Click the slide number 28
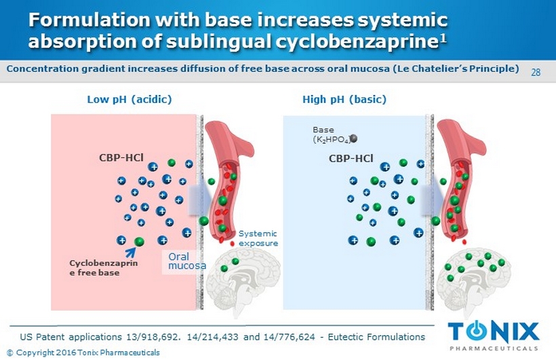pyautogui.click(x=536, y=73)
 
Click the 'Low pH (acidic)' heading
pyautogui.click(x=130, y=100)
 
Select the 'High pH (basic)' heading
pyautogui.click(x=344, y=100)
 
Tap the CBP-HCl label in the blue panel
pyautogui.click(x=351, y=159)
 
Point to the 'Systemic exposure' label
pyautogui.click(x=258, y=238)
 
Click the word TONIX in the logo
pyautogui.click(x=494, y=332)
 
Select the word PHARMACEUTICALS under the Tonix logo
pyautogui.click(x=494, y=348)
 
